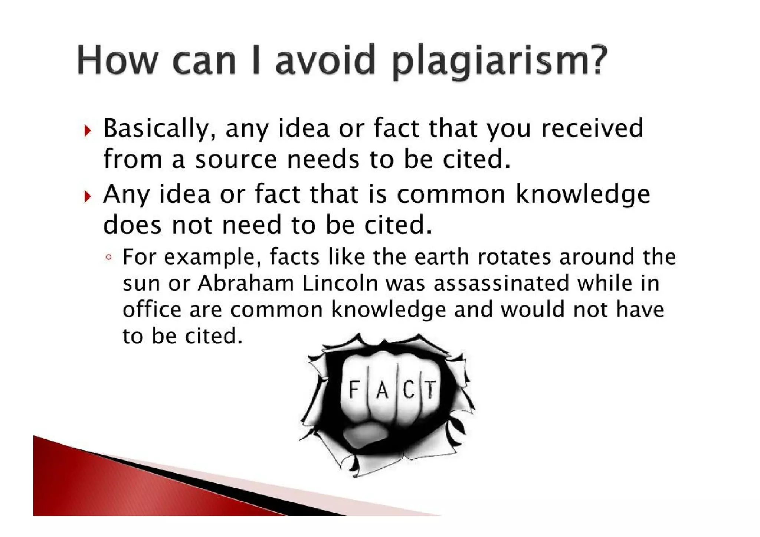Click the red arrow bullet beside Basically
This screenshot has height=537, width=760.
[87, 130]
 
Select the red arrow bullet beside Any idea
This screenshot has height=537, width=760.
[87, 196]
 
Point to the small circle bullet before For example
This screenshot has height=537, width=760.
[108, 257]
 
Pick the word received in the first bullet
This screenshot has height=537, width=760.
[592, 128]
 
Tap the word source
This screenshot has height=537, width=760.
[236, 160]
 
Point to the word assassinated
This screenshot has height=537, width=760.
[501, 284]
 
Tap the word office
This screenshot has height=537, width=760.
[152, 310]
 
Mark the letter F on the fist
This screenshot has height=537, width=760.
[354, 390]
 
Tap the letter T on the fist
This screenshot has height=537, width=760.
[430, 390]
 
